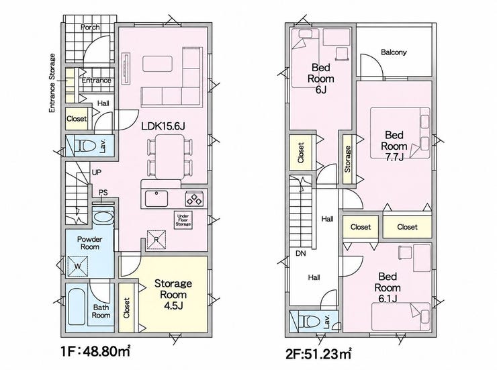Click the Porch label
coord(90,28)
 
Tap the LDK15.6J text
coord(163,126)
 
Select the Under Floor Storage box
coord(183,220)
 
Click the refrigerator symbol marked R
coord(156,240)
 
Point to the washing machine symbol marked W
coord(78,266)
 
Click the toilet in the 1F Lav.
coord(85,146)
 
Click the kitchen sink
coord(156,199)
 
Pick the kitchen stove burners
coord(194,199)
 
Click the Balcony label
coord(394,52)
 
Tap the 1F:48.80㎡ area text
coord(95,351)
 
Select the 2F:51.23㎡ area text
coord(318,353)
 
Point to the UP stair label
coord(96,173)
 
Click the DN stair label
coord(300,253)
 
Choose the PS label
coord(103,192)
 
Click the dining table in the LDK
coord(169,156)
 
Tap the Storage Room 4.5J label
coord(173,294)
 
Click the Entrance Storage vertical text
coord(52,83)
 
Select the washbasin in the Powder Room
coord(103,218)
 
